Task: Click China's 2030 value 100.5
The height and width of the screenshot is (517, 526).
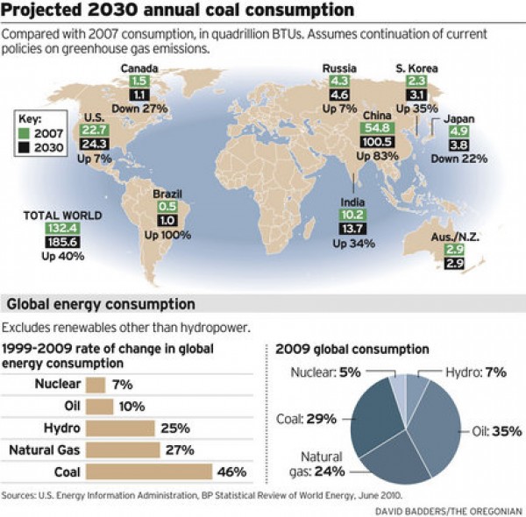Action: [377, 143]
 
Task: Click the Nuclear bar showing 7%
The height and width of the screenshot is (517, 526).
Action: [96, 385]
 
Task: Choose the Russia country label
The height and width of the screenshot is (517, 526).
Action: [339, 68]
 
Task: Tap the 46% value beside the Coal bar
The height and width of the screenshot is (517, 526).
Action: [231, 472]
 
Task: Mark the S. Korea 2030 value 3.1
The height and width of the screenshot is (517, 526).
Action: [417, 95]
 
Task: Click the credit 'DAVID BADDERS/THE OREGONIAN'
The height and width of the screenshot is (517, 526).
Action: [450, 509]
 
